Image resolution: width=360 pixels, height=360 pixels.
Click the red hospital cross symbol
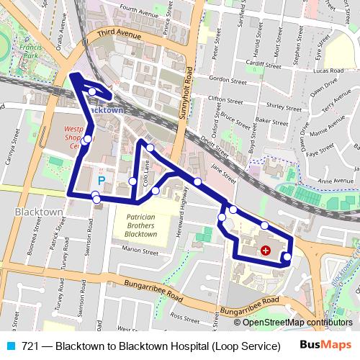pyautogui.click(x=266, y=250)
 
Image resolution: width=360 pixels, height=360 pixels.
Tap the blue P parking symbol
pyautogui.click(x=102, y=180)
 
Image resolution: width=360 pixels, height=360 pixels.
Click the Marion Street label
pyautogui.click(x=140, y=251)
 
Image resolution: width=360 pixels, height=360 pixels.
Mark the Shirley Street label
pyautogui.click(x=280, y=105)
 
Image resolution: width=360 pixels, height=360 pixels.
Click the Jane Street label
pyautogui.click(x=224, y=171)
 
